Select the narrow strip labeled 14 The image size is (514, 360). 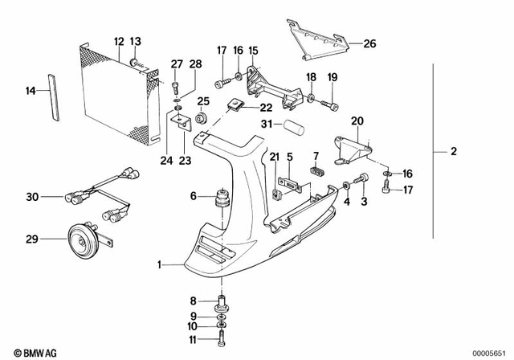click(x=55, y=94)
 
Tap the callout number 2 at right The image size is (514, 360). click(x=454, y=151)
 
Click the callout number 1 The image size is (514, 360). click(x=160, y=264)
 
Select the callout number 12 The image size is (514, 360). click(x=118, y=41)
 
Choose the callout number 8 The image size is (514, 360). click(x=194, y=301)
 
